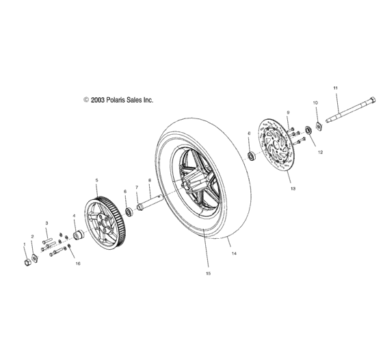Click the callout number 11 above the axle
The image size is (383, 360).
335,89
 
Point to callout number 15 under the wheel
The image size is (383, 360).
208,274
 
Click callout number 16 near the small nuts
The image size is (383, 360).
77,263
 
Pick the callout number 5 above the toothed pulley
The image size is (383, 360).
96,180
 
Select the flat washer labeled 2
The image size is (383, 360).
36,258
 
